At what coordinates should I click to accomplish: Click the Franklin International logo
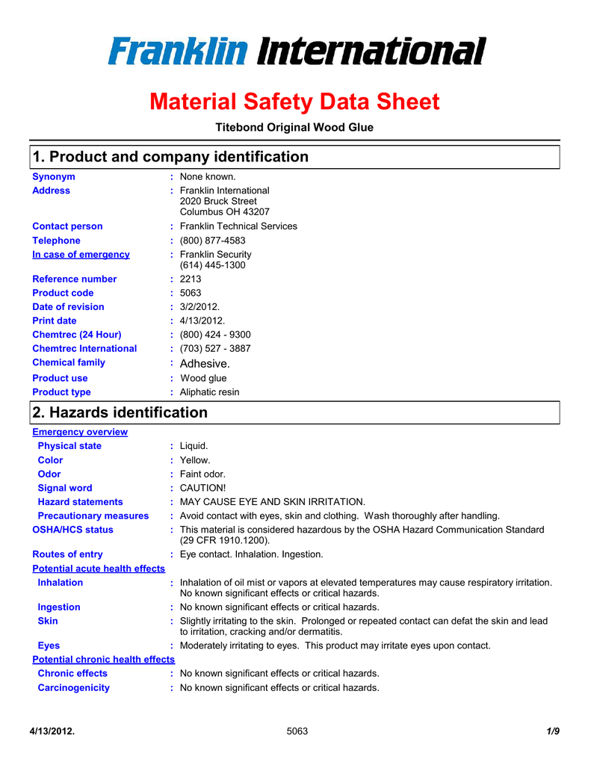coord(296,52)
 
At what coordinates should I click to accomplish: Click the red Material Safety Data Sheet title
coord(294,102)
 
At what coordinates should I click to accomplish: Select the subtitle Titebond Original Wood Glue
coord(294,128)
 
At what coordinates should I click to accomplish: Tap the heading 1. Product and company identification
coord(170,157)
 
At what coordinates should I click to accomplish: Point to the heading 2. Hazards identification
coord(120,412)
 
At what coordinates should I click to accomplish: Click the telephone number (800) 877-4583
coord(213,241)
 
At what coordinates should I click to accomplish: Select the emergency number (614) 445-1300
coord(213,265)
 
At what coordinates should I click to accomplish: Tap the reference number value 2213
coord(191,279)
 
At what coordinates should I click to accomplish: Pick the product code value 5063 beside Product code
coord(191,293)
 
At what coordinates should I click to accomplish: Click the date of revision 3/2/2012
coord(199,307)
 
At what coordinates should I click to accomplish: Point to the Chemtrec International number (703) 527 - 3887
coord(215,349)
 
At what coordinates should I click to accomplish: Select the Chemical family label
coord(69,363)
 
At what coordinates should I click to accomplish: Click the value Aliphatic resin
coord(210,392)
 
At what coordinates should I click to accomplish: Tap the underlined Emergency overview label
coord(80,433)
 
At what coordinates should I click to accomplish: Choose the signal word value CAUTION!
coord(203,488)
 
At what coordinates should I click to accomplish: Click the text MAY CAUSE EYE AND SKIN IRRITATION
coord(273,502)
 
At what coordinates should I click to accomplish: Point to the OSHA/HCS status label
coord(73,530)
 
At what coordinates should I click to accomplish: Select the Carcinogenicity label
coord(74,688)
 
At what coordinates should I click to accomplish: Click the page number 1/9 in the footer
coord(553,731)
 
